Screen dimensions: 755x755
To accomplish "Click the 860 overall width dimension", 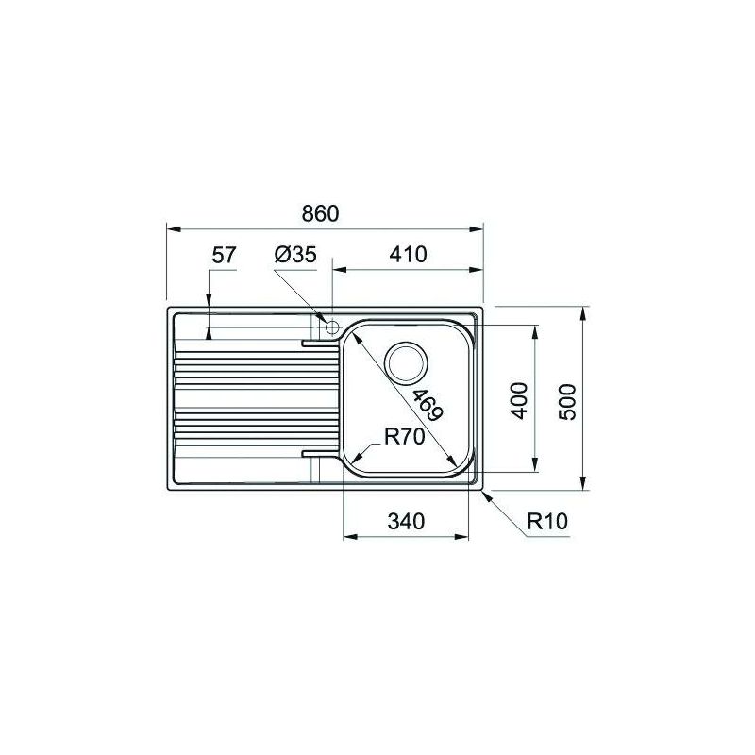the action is pyautogui.click(x=320, y=213).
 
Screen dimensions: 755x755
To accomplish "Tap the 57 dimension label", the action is pyautogui.click(x=225, y=255).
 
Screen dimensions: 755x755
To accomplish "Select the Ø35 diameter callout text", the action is pyautogui.click(x=295, y=255).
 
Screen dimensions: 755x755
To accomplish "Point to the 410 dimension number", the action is pyautogui.click(x=408, y=254).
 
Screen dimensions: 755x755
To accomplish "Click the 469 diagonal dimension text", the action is pyautogui.click(x=428, y=405).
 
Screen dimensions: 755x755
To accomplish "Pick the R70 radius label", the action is pyautogui.click(x=405, y=437).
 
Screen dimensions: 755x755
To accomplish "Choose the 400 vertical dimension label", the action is pyautogui.click(x=519, y=400).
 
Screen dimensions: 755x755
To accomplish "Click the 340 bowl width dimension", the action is pyautogui.click(x=406, y=522).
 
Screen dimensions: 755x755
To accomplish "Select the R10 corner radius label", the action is pyautogui.click(x=547, y=521).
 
